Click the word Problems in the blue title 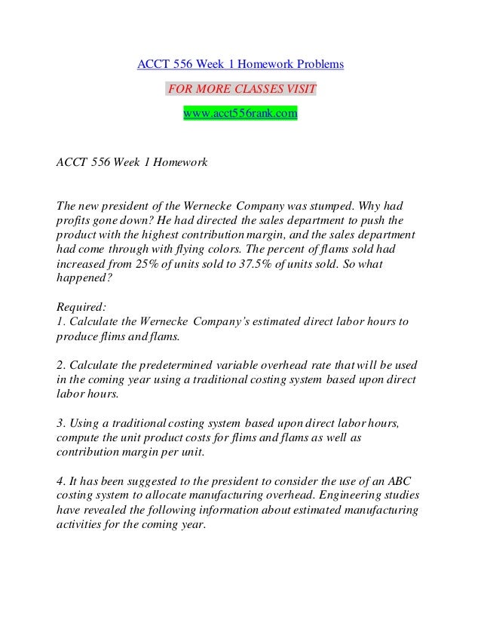point(318,65)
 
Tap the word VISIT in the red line point(299,89)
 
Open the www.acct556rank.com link point(240,113)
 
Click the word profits point(73,219)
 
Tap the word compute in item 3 point(78,438)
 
